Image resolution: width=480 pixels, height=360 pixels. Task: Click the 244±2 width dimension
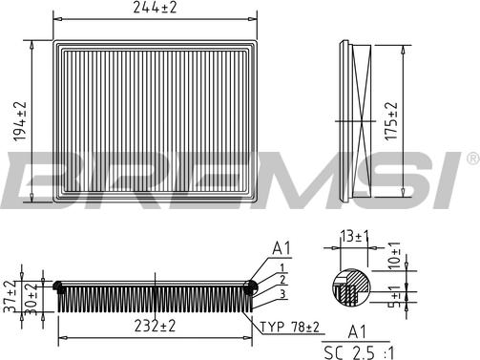(155, 7)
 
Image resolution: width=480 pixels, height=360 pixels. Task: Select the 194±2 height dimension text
(20, 121)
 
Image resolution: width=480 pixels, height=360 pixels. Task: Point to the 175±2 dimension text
(391, 120)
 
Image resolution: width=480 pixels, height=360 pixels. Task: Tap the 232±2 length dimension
(155, 326)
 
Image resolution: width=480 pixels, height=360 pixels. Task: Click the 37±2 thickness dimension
(10, 296)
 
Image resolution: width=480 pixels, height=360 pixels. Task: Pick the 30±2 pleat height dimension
(31, 299)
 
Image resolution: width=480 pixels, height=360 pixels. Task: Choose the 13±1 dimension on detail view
(354, 236)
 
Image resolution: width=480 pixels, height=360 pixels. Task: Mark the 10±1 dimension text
(394, 256)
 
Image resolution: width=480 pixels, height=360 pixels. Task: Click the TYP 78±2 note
(290, 327)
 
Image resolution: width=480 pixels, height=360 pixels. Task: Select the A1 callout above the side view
(282, 248)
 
